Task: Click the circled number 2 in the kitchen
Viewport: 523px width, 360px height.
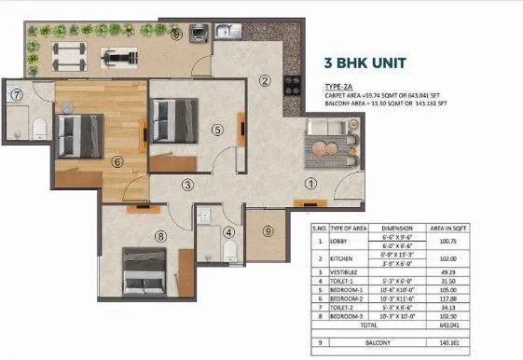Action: (x=265, y=82)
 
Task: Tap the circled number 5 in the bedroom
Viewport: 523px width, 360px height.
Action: (x=217, y=131)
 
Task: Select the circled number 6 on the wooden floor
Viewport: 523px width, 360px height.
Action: (x=117, y=160)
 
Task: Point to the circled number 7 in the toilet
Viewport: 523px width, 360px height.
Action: (x=16, y=95)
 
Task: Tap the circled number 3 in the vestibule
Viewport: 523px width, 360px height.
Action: (x=187, y=185)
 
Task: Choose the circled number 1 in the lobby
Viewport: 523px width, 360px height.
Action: (x=310, y=183)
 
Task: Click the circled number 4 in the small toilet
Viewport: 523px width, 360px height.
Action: (x=228, y=232)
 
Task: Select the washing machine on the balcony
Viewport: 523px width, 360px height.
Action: (x=200, y=33)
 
